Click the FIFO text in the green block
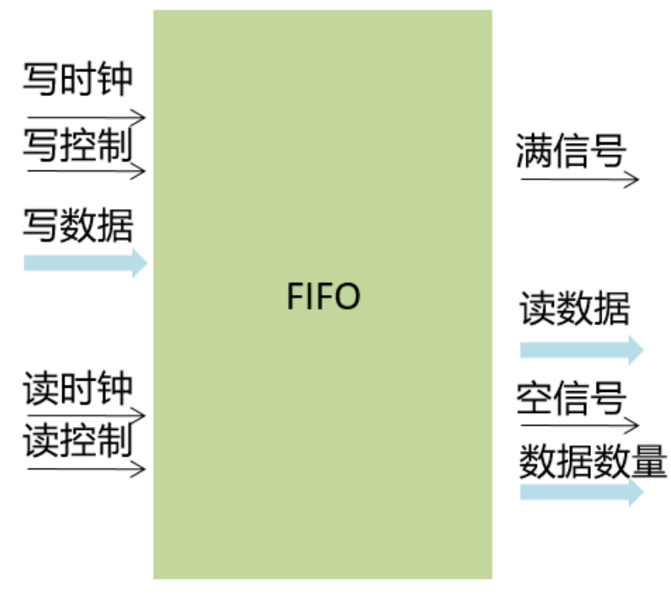tap(323, 297)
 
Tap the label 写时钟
tap(78, 80)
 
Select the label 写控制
tap(78, 145)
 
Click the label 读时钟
tap(78, 389)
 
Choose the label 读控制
tap(78, 440)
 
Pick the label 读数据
tap(575, 308)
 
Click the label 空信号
tap(571, 398)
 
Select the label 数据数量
tap(593, 462)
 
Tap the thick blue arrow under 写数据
tap(86, 263)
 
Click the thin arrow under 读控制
tap(86, 468)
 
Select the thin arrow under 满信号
tap(580, 179)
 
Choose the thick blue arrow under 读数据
tap(581, 349)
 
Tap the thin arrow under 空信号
tap(580, 423)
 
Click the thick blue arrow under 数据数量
tap(581, 492)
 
